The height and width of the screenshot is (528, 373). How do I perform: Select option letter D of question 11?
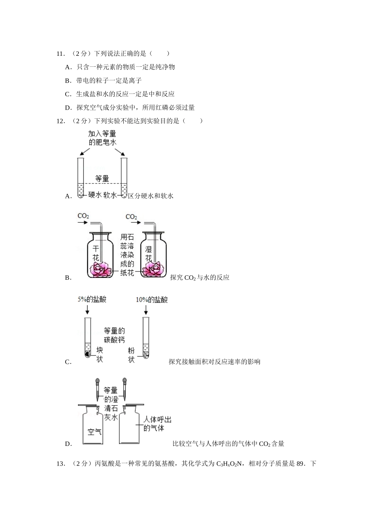tap(68, 108)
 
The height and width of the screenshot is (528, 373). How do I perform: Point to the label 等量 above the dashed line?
tap(102, 179)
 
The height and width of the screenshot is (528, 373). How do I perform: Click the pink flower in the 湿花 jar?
tap(154, 269)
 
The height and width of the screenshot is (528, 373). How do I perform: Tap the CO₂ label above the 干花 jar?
tap(83, 216)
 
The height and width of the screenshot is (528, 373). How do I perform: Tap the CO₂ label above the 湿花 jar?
tap(131, 217)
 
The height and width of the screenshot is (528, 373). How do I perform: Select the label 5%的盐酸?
tap(92, 299)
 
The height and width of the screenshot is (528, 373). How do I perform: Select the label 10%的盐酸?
tap(152, 300)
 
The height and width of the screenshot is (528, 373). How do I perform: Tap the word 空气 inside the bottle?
tap(95, 431)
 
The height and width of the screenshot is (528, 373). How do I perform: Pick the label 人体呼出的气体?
tap(157, 424)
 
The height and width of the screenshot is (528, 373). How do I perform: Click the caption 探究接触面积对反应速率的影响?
tap(214, 362)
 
